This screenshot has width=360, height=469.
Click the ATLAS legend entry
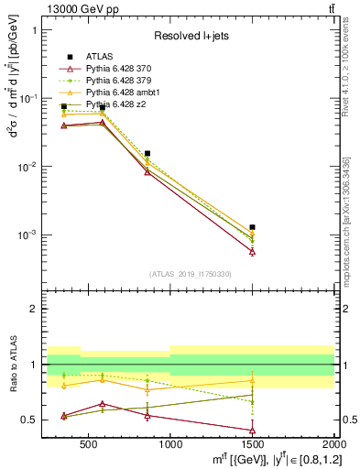click(x=98, y=57)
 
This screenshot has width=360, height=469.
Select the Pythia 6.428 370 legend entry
click(x=111, y=69)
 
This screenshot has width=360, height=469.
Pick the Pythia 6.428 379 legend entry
click(x=111, y=82)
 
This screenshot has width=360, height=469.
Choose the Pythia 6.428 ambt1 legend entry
click(x=113, y=93)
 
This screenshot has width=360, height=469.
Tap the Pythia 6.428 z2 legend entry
click(x=108, y=105)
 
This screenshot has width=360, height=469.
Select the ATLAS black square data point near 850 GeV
click(x=147, y=154)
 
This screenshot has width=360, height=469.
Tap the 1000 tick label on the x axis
click(x=170, y=449)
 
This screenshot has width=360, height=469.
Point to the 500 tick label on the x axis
click(x=89, y=449)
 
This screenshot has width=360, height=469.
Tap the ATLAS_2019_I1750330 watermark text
click(x=191, y=274)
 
